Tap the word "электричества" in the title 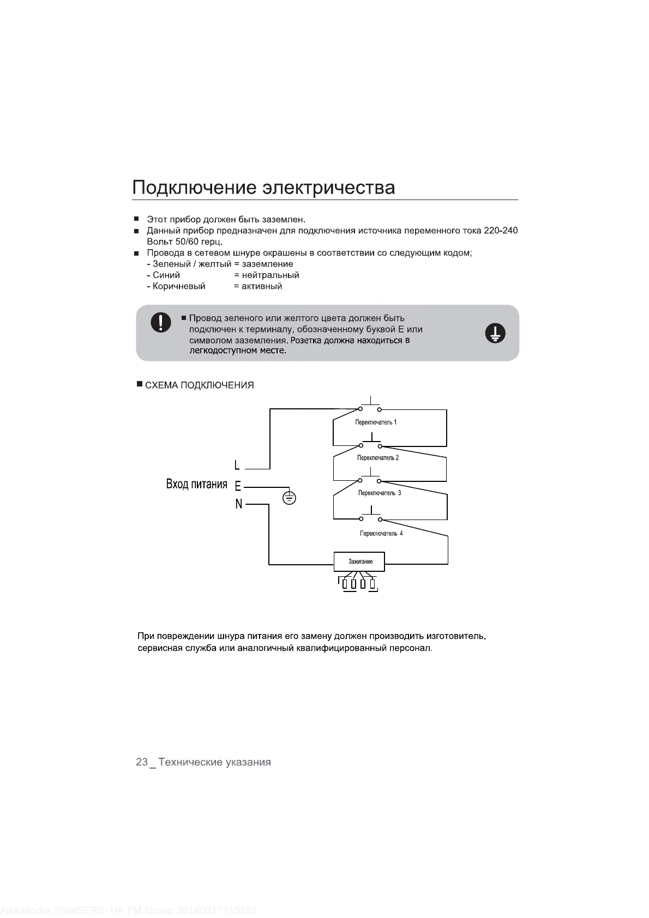pyautogui.click(x=329, y=188)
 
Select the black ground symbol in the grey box pyautogui.click(x=495, y=333)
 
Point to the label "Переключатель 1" pyautogui.click(x=376, y=422)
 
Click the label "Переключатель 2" pyautogui.click(x=378, y=458)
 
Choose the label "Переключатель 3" pyautogui.click(x=380, y=493)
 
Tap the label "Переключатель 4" pyautogui.click(x=381, y=533)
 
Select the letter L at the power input pyautogui.click(x=237, y=466)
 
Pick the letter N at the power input pyautogui.click(x=238, y=504)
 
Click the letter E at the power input pyautogui.click(x=238, y=485)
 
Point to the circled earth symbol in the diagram pyautogui.click(x=290, y=497)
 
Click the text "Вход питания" pyautogui.click(x=196, y=484)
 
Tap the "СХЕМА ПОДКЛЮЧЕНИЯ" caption pyautogui.click(x=199, y=385)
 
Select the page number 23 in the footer pyautogui.click(x=141, y=762)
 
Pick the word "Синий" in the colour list pyautogui.click(x=166, y=275)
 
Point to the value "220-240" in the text pyautogui.click(x=501, y=231)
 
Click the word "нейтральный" pyautogui.click(x=271, y=275)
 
